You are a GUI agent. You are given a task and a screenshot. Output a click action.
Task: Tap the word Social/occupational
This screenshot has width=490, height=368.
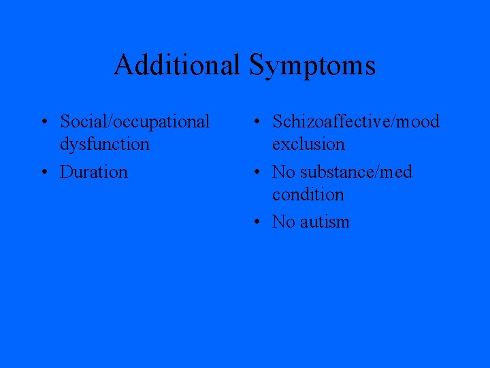[x=135, y=122]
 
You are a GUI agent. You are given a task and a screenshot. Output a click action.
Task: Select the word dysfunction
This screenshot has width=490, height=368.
[x=104, y=144]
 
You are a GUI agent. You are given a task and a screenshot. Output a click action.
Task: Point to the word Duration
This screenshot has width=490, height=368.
[x=93, y=172]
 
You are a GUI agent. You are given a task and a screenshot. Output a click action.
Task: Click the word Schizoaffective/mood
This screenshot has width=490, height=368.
[x=356, y=122]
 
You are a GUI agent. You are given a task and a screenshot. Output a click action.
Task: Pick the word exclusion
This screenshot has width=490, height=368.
[x=308, y=144]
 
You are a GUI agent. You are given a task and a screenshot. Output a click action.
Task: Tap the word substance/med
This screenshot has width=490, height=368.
[x=355, y=172]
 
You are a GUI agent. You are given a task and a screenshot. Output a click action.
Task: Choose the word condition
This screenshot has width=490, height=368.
[x=308, y=195]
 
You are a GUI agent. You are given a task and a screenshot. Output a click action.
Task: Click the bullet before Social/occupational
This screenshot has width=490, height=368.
[x=43, y=123]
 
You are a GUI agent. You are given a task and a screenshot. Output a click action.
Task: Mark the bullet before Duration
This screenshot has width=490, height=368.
[x=43, y=172]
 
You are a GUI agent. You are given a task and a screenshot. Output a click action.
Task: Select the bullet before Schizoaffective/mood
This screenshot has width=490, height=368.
[x=255, y=123]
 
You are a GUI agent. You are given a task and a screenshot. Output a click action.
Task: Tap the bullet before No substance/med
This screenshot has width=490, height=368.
[x=255, y=172]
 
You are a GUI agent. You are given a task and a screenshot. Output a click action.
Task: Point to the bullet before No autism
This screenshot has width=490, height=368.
[x=255, y=222]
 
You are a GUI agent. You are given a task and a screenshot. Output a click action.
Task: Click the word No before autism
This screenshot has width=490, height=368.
[x=282, y=222]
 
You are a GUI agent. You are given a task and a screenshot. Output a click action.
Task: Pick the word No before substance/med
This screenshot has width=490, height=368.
[x=282, y=172]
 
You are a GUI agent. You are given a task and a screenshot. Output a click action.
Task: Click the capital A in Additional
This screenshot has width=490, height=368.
[x=124, y=65]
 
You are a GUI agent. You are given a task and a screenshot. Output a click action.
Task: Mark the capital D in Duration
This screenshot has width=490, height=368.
[x=67, y=172]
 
